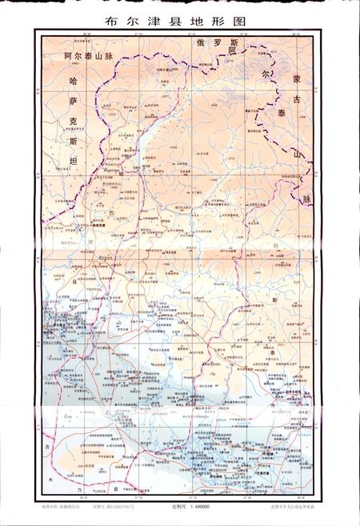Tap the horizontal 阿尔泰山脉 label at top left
90,58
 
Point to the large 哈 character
74,82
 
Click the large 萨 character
74,102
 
